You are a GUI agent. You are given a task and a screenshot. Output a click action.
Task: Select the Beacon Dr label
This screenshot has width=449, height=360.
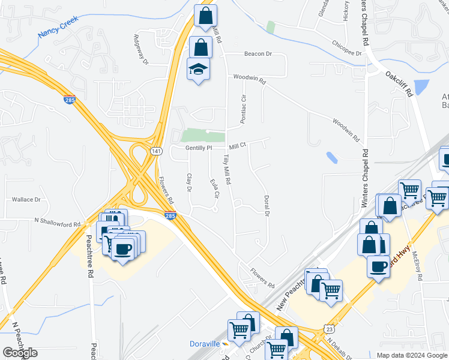258,54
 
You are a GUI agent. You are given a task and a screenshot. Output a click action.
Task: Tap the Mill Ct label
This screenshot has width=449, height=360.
238,146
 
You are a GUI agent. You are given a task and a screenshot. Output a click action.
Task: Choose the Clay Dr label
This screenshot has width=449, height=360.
189,182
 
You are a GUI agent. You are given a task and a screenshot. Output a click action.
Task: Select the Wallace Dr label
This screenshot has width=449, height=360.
26,199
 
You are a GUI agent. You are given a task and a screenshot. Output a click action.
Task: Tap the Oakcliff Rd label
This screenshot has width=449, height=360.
400,85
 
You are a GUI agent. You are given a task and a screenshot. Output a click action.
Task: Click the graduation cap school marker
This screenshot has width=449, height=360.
197,71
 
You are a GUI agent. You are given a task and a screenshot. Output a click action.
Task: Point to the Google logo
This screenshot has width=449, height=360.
20,353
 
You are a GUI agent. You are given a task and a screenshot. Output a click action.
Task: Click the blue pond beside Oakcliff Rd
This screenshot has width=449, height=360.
423,87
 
